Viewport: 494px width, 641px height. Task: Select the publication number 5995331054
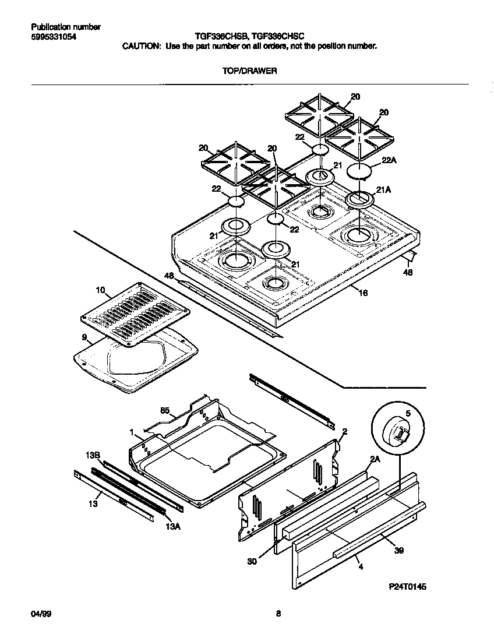coord(52,37)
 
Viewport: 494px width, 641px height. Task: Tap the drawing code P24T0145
coord(407,587)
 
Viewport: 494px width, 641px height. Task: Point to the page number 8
coord(278,614)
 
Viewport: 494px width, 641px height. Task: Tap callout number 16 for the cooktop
coord(362,293)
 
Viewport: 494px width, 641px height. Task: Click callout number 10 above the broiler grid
coord(100,290)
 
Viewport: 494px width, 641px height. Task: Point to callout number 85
coord(164,411)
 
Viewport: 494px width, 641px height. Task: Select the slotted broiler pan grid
coord(135,312)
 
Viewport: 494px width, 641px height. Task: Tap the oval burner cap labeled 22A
coord(359,171)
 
